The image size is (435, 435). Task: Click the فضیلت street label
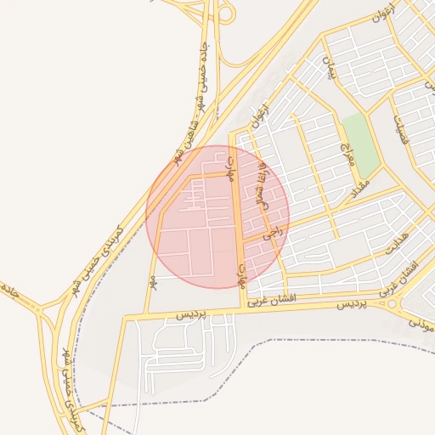click(x=399, y=130)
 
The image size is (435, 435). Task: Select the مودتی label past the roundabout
click(x=422, y=322)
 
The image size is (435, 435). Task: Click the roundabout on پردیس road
click(x=392, y=302)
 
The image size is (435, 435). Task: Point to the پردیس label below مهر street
click(x=192, y=314)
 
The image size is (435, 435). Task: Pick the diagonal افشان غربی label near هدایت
click(x=408, y=272)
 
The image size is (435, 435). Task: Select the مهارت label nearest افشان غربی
click(x=242, y=273)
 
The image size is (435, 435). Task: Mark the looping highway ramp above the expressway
click(x=225, y=12)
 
